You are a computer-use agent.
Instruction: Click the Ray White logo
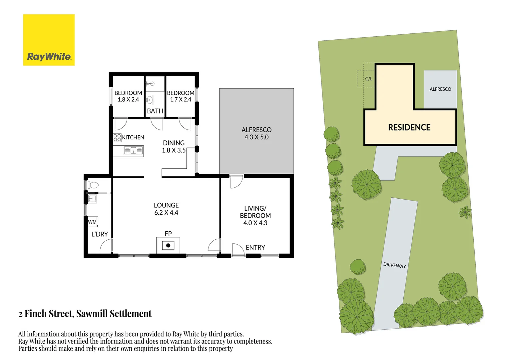(x=49, y=40)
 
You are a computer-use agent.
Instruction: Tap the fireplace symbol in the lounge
(x=168, y=246)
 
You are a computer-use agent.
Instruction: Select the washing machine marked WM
(x=93, y=222)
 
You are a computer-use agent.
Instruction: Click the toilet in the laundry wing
(x=93, y=185)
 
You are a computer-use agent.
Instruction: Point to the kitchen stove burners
(x=117, y=138)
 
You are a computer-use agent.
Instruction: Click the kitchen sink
(x=133, y=151)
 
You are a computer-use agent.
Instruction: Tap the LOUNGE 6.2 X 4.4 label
(x=166, y=209)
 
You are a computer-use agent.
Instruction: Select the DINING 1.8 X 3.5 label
(x=174, y=147)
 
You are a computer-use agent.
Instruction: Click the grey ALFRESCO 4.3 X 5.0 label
(x=256, y=133)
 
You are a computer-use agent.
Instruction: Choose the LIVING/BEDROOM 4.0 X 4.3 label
(x=255, y=216)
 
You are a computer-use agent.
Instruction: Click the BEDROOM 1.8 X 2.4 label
(x=128, y=96)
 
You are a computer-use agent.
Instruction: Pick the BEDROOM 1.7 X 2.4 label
(x=181, y=96)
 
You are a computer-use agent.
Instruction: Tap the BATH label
(x=155, y=111)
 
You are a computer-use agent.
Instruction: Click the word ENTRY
(x=255, y=248)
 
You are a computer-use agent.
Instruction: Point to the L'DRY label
(x=100, y=234)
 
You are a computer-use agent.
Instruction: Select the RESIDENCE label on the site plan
(x=409, y=127)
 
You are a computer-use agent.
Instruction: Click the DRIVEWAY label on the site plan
(x=394, y=265)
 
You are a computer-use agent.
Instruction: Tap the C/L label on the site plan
(x=369, y=79)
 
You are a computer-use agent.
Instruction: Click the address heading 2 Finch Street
(x=85, y=314)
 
